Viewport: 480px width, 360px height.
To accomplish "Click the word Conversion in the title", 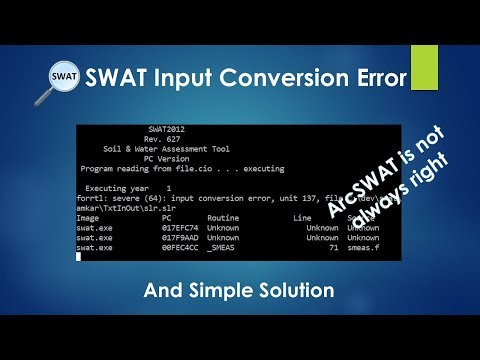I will (267, 77).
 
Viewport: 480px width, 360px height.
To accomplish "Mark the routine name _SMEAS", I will (224, 248).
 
